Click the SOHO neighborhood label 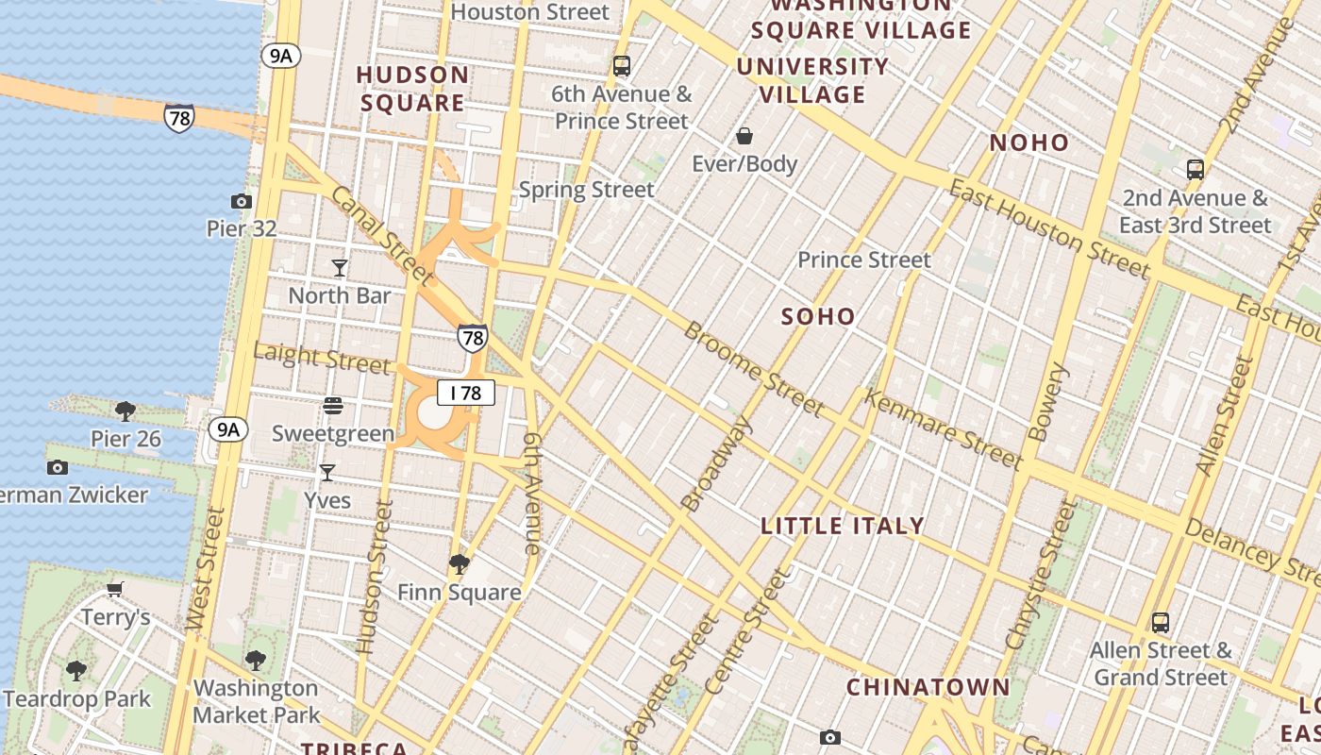pyautogui.click(x=818, y=317)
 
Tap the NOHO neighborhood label pyautogui.click(x=1028, y=143)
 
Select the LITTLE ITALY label pyautogui.click(x=843, y=527)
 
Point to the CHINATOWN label pyautogui.click(x=928, y=687)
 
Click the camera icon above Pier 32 pyautogui.click(x=242, y=201)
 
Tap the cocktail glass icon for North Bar pyautogui.click(x=340, y=268)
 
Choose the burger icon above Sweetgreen pyautogui.click(x=332, y=406)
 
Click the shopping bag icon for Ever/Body pyautogui.click(x=744, y=136)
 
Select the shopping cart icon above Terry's pyautogui.click(x=115, y=590)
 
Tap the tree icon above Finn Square pyautogui.click(x=460, y=564)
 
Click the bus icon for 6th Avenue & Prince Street pyautogui.click(x=621, y=66)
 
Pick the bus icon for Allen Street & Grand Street pyautogui.click(x=1161, y=623)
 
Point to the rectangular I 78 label pyautogui.click(x=466, y=393)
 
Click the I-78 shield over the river pyautogui.click(x=178, y=118)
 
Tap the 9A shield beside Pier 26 pyautogui.click(x=227, y=430)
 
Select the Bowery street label pyautogui.click(x=1045, y=402)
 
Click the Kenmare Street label pyautogui.click(x=944, y=430)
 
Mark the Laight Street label pyautogui.click(x=321, y=359)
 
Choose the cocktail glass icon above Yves pyautogui.click(x=327, y=472)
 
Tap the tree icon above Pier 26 pyautogui.click(x=125, y=411)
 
